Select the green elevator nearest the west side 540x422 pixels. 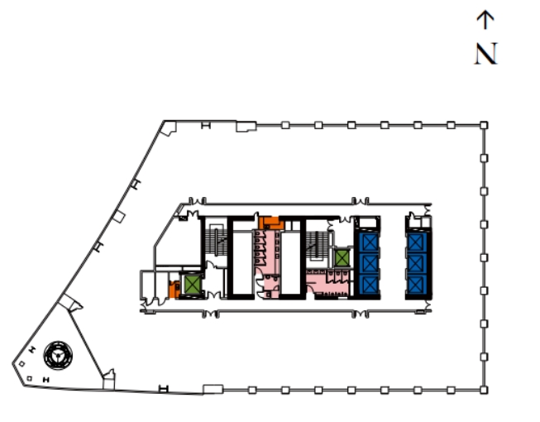[193, 284]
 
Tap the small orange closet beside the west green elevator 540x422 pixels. [174, 290]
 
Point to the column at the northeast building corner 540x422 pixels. [484, 125]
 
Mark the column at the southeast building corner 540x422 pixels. [484, 389]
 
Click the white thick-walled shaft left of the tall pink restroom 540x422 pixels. [241, 257]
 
